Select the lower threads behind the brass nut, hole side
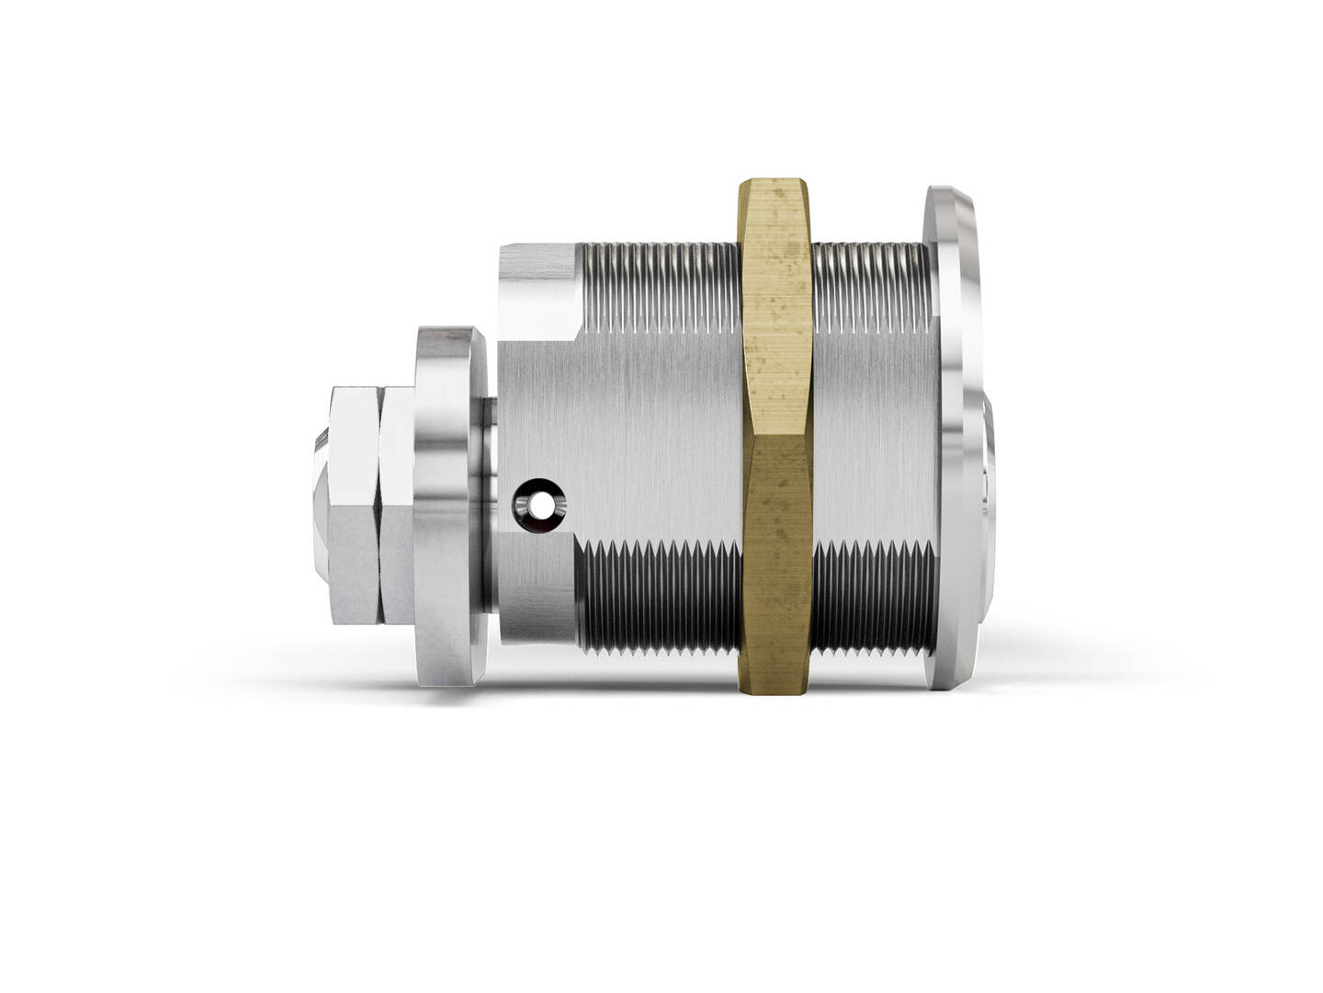657,598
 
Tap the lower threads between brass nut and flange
868,598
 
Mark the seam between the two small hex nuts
378,506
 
